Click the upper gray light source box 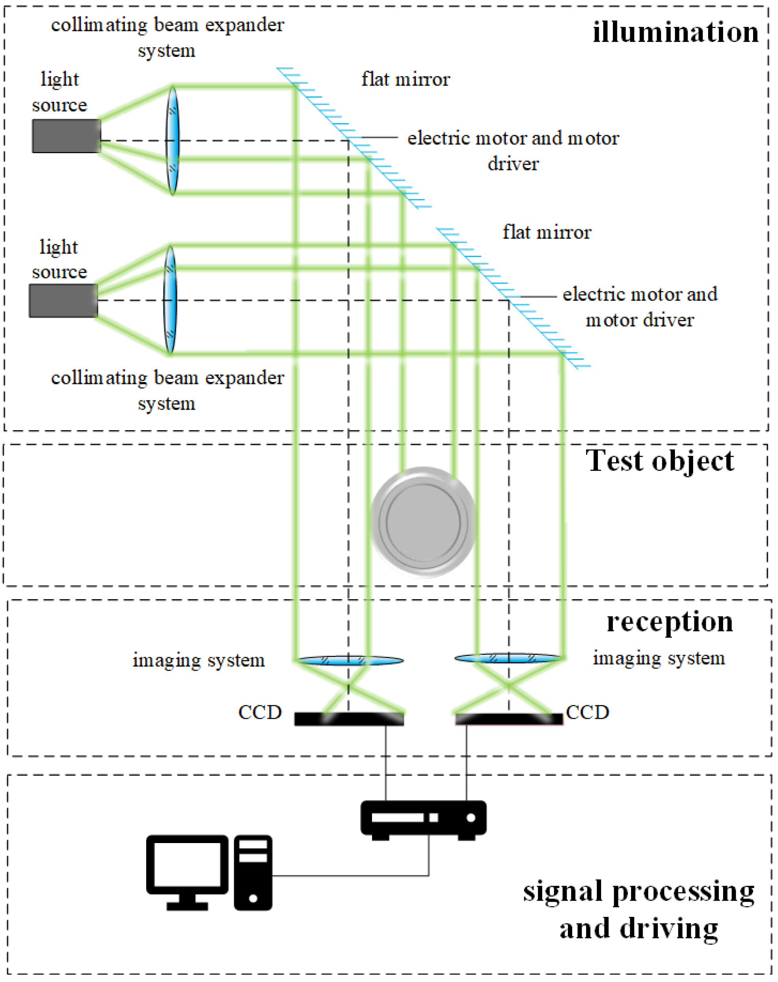tap(66, 136)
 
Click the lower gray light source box tap(63, 300)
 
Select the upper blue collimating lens tap(173, 140)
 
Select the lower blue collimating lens tap(170, 300)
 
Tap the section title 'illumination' tap(675, 33)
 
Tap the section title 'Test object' tap(659, 461)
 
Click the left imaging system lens tap(350, 660)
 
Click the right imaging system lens tap(508, 658)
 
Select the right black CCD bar tap(509, 719)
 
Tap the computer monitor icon tap(187, 871)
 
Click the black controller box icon tap(423, 819)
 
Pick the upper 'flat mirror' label tap(406, 79)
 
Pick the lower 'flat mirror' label tap(546, 232)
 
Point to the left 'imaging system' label tap(199, 660)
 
